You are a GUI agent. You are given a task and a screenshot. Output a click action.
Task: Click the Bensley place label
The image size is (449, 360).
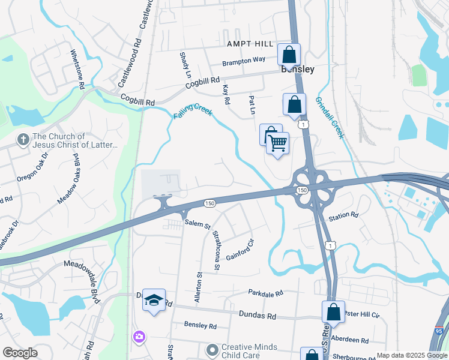click(x=298, y=70)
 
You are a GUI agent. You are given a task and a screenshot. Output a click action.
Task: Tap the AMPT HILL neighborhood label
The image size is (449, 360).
click(x=250, y=44)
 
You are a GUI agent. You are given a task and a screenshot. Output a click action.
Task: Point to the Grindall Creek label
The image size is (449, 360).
click(x=330, y=118)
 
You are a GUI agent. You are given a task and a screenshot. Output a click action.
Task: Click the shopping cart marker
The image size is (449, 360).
click(x=277, y=144)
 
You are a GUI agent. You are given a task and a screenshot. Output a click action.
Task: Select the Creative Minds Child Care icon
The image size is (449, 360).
click(x=211, y=349)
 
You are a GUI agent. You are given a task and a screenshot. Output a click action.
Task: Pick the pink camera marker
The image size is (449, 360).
click(x=139, y=337)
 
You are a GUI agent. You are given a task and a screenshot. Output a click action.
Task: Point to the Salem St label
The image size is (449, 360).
click(x=197, y=226)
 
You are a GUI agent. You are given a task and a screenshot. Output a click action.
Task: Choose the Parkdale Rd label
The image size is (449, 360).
click(x=265, y=293)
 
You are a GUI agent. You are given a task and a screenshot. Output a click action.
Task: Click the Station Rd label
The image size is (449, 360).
click(x=343, y=215)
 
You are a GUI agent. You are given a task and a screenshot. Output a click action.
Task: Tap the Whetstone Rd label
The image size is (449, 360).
click(x=77, y=69)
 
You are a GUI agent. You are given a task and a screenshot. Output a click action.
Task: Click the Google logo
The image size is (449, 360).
click(x=20, y=353)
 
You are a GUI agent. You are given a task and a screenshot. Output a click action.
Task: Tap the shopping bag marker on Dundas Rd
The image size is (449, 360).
click(x=333, y=313)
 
